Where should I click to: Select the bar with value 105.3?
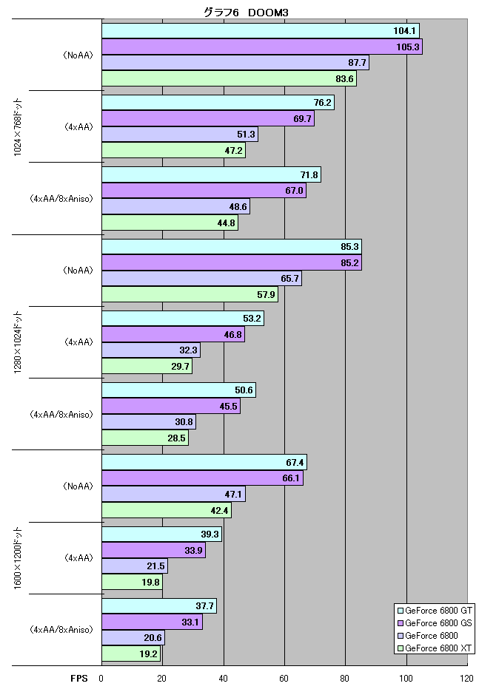pos(262,47)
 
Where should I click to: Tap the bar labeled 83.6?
pos(230,78)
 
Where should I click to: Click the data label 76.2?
pos(322,102)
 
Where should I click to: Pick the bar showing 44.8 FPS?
pos(170,223)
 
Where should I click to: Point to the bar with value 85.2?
pos(232,262)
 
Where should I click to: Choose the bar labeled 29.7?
pos(147,366)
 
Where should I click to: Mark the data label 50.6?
pos(244,390)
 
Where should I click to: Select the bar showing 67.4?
pos(204,462)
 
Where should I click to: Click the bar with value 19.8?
pos(132,583)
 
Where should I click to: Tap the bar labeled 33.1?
pos(153,622)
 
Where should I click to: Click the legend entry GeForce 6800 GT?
pos(434,611)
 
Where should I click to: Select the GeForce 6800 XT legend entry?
pos(434,648)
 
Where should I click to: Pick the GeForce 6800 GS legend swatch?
pos(401,623)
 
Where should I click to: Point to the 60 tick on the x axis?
pos(284,679)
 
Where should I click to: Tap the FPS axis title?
pos(79,679)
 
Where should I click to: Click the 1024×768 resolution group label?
pos(18,127)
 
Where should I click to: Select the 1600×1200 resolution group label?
pos(18,558)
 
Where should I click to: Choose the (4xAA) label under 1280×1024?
pos(78,342)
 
